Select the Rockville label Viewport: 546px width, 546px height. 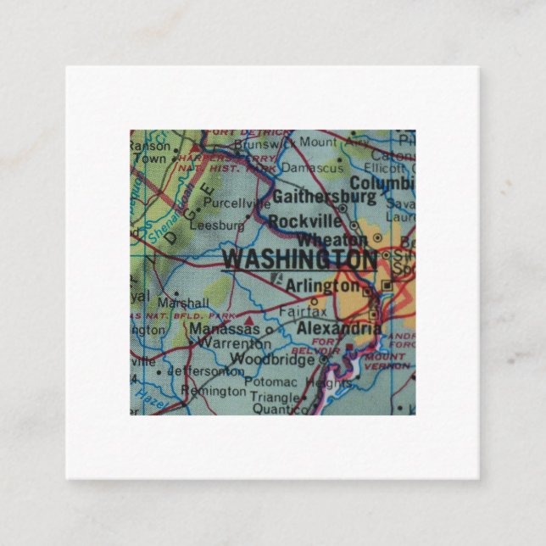[x=303, y=220]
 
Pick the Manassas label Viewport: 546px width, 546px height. [x=226, y=328]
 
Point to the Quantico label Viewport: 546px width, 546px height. [x=281, y=409]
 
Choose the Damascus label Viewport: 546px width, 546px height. [x=312, y=169]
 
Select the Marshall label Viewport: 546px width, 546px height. [x=182, y=303]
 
